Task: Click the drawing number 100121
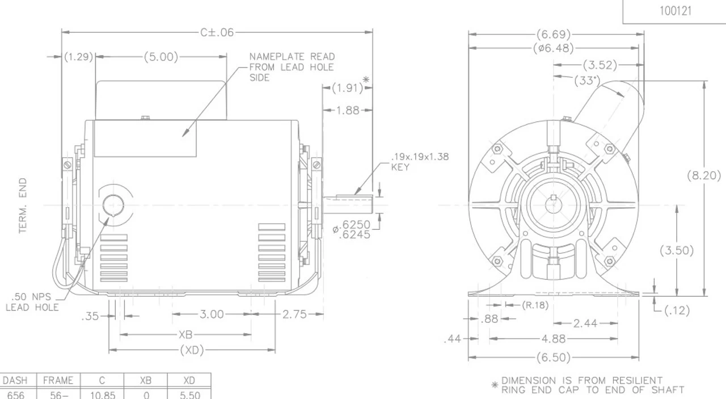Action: tap(676, 11)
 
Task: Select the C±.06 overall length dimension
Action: tap(217, 32)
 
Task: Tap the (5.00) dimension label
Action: tap(161, 57)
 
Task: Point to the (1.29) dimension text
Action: tap(78, 57)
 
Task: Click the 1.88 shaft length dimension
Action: tap(348, 111)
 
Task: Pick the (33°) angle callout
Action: tap(587, 80)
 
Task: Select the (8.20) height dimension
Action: tap(704, 175)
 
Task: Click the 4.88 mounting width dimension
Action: tap(554, 339)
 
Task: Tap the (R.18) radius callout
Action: tap(535, 305)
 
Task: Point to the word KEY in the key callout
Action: tap(400, 167)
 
